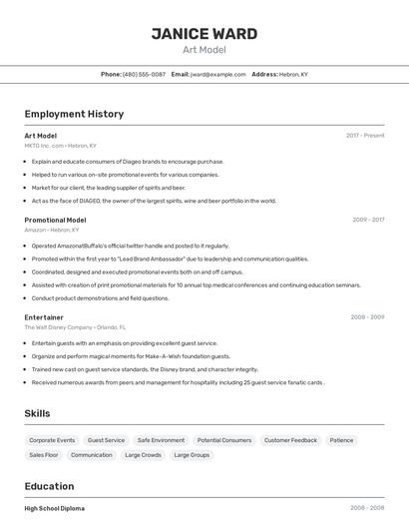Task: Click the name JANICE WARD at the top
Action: point(204,34)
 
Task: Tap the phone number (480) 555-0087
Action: point(144,74)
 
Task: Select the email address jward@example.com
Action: point(217,74)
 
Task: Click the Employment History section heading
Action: point(74,114)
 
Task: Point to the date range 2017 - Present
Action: point(365,136)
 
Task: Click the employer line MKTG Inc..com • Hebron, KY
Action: point(61,146)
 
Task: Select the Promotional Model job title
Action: point(55,220)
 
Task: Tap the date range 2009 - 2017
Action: point(368,220)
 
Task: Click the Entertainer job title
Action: point(44,317)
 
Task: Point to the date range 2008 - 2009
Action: point(367,317)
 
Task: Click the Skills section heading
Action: point(37,413)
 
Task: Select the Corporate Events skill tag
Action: point(52,440)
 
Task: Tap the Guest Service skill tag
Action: point(106,440)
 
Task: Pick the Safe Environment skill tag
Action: point(161,440)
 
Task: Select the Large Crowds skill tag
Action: point(143,455)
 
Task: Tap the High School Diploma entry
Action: point(55,508)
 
